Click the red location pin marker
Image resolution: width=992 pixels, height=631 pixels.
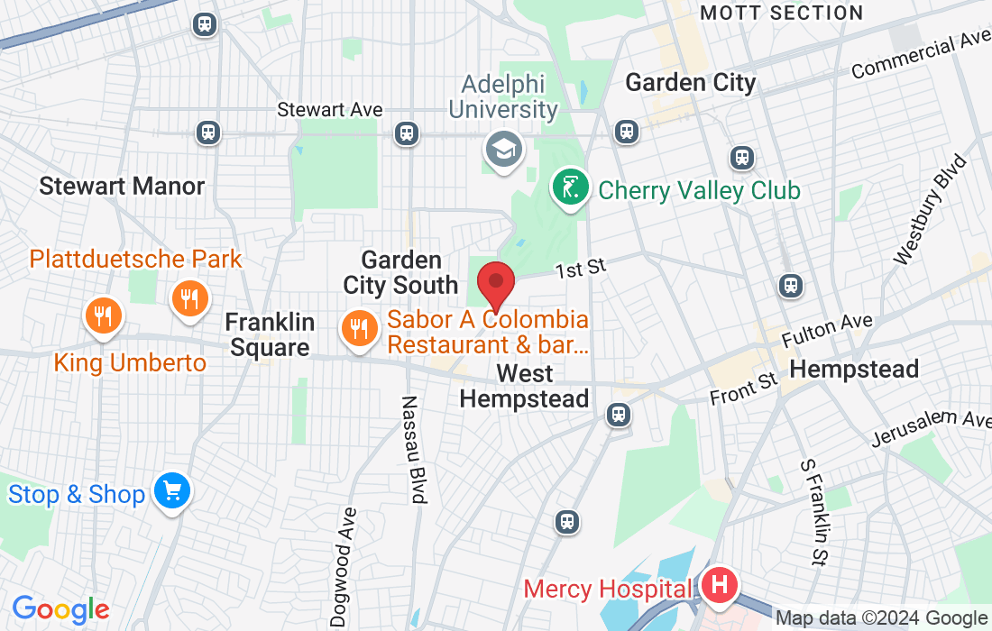tap(495, 283)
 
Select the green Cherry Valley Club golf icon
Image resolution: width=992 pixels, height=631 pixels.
tap(571, 188)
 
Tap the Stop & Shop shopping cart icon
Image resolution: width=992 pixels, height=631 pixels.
tap(171, 492)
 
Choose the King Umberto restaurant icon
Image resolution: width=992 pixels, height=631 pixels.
tap(104, 315)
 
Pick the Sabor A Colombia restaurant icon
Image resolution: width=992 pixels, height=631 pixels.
tap(359, 329)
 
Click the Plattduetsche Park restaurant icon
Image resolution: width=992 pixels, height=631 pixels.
tap(189, 297)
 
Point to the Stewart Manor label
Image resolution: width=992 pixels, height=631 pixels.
tap(122, 187)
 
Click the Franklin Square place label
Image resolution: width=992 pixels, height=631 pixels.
tap(270, 334)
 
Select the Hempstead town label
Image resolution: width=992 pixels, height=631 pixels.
tap(854, 369)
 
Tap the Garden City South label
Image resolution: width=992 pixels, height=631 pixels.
tap(400, 273)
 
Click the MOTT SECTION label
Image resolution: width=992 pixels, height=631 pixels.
tap(782, 13)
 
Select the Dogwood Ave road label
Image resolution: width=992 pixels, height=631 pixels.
tap(345, 566)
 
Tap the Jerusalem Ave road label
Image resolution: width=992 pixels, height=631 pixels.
tap(931, 427)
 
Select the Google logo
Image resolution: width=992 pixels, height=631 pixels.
tap(60, 609)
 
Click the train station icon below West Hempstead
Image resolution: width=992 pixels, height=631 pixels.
tap(618, 415)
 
